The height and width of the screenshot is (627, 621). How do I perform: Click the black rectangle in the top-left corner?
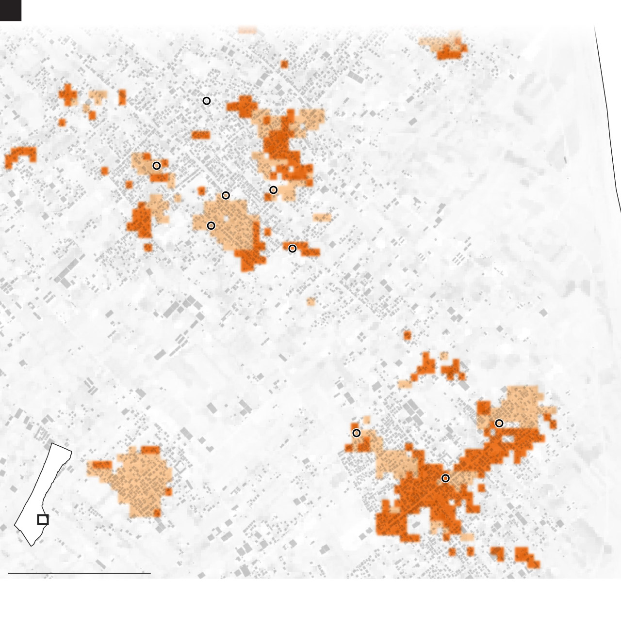pyautogui.click(x=10, y=10)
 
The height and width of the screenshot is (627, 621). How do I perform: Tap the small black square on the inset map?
pyautogui.click(x=43, y=519)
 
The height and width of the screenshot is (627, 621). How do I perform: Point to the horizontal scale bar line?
pyautogui.click(x=79, y=573)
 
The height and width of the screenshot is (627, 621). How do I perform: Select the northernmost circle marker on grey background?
pyautogui.click(x=207, y=101)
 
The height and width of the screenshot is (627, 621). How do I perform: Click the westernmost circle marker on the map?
pyautogui.click(x=157, y=166)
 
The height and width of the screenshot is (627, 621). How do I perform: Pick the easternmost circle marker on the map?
pyautogui.click(x=499, y=423)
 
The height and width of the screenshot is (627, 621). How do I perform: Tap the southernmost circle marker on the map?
pyautogui.click(x=445, y=478)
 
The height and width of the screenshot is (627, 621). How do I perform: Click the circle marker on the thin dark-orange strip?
pyautogui.click(x=292, y=249)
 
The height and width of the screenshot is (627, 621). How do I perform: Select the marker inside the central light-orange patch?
pyautogui.click(x=211, y=226)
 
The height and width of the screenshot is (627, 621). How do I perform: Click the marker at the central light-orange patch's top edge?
pyautogui.click(x=226, y=195)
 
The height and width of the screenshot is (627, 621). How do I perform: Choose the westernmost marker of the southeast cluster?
pyautogui.click(x=357, y=433)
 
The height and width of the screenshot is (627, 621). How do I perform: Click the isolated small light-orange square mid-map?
pyautogui.click(x=311, y=302)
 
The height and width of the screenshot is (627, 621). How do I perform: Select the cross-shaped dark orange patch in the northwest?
pyautogui.click(x=68, y=94)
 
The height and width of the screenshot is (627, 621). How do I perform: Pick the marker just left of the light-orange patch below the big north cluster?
pyautogui.click(x=274, y=190)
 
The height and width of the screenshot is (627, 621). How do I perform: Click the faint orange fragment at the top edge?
pyautogui.click(x=247, y=31)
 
